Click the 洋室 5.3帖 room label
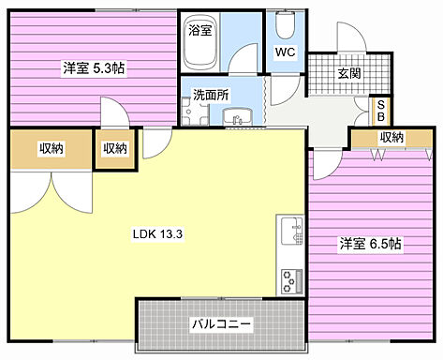pyautogui.click(x=94, y=67)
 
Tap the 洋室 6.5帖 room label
pyautogui.click(x=370, y=243)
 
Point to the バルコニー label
pyautogui.click(x=221, y=323)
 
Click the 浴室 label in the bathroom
pyautogui.click(x=200, y=29)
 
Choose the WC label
pyautogui.click(x=286, y=52)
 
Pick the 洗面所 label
pyautogui.click(x=210, y=95)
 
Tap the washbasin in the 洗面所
pyautogui.click(x=236, y=117)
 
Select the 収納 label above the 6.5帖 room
pyautogui.click(x=391, y=138)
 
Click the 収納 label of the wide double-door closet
pyautogui.click(x=52, y=148)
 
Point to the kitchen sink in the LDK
pyautogui.click(x=289, y=231)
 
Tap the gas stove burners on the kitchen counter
pyautogui.click(x=289, y=278)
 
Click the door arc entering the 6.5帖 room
pyautogui.click(x=326, y=164)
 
